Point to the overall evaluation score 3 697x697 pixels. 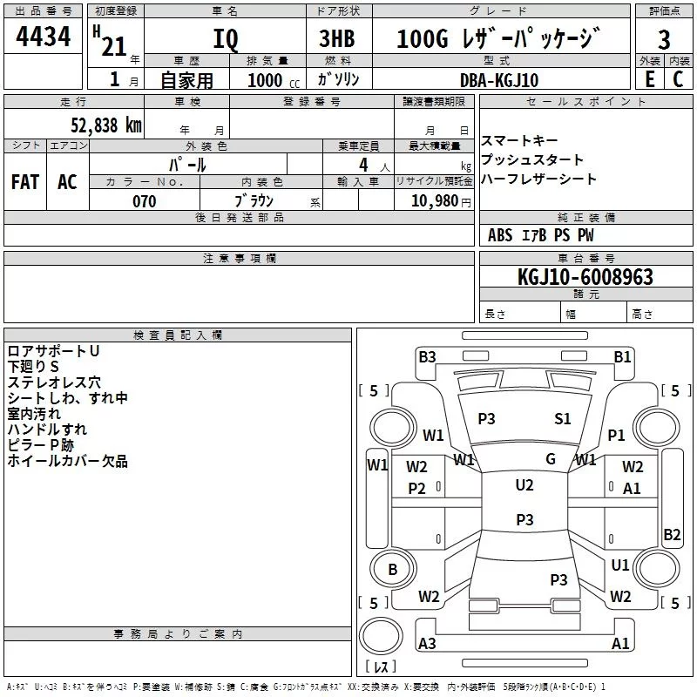click(x=664, y=40)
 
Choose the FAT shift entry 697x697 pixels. click(x=25, y=181)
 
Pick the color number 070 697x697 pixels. click(x=144, y=201)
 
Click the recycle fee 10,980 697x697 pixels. click(x=433, y=201)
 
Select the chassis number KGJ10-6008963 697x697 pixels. click(x=585, y=277)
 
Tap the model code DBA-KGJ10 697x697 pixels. click(x=499, y=80)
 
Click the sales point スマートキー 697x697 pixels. click(x=519, y=141)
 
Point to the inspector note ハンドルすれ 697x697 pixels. click(x=47, y=430)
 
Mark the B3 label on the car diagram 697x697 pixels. click(x=427, y=356)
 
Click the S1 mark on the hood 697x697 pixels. click(x=563, y=419)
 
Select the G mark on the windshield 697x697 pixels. click(x=551, y=458)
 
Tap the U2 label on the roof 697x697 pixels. click(x=524, y=485)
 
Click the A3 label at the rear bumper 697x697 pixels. click(x=427, y=644)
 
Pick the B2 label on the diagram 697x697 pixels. click(x=672, y=535)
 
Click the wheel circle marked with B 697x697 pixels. click(x=392, y=570)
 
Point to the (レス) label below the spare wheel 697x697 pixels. click(x=380, y=667)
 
